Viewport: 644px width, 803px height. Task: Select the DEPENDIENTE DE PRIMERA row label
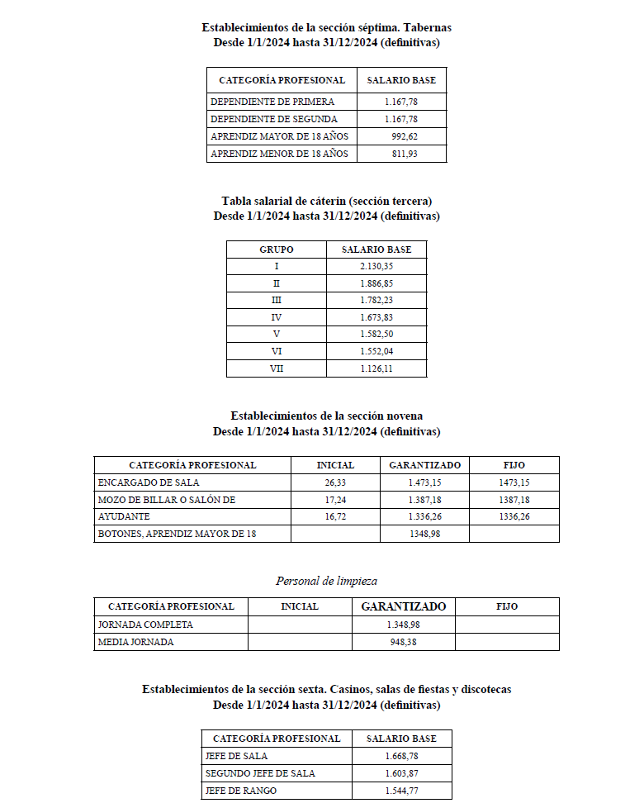tap(272, 102)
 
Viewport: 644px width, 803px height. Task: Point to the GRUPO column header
tap(277, 249)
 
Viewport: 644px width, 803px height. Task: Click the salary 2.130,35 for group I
tap(376, 266)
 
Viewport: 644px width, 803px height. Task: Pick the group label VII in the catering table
tap(277, 369)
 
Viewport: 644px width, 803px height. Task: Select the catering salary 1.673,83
tap(376, 317)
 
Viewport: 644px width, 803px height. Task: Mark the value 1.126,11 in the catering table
tap(376, 369)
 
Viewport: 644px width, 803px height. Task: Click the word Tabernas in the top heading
tap(427, 27)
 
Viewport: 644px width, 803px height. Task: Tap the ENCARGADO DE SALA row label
tap(149, 482)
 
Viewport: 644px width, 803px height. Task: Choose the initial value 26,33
tap(335, 482)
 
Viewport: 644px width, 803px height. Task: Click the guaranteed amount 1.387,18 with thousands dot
tap(424, 500)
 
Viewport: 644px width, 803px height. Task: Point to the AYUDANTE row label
tap(123, 516)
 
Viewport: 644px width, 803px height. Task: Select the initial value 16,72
tap(335, 516)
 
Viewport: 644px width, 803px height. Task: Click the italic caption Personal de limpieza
tap(326, 581)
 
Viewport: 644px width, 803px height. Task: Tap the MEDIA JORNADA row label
tap(135, 642)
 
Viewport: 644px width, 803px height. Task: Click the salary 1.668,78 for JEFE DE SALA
tap(401, 756)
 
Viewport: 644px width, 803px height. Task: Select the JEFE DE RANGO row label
tap(240, 791)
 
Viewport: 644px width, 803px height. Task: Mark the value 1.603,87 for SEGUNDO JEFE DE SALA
tap(401, 773)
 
